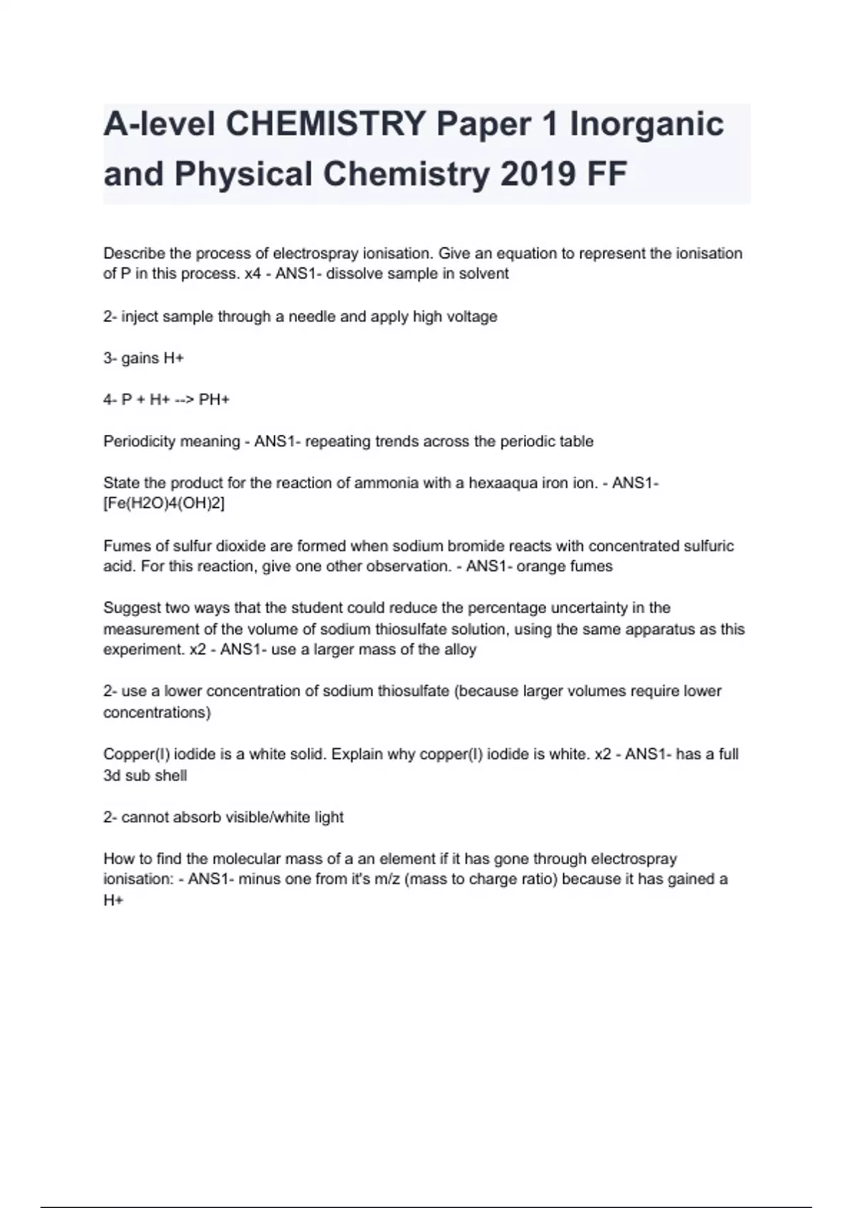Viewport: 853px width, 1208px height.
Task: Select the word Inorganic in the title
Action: tap(646, 124)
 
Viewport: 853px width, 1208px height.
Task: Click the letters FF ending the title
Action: tap(606, 174)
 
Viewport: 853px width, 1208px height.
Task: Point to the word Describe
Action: tap(134, 254)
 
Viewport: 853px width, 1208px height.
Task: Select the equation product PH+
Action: tap(214, 399)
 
